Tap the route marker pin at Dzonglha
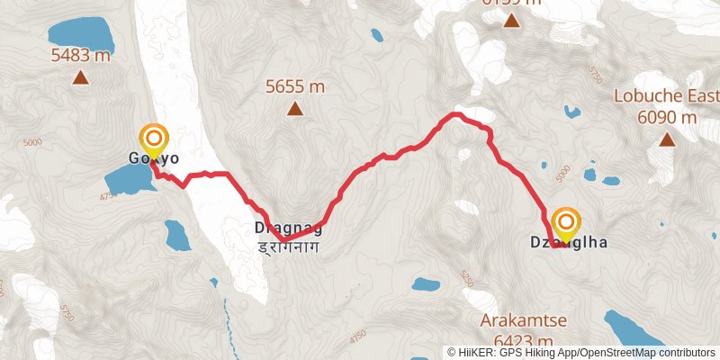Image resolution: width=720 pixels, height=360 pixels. pyautogui.click(x=566, y=222)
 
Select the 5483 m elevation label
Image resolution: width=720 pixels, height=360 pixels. pyautogui.click(x=81, y=56)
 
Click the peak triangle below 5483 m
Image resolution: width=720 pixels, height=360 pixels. pyautogui.click(x=81, y=77)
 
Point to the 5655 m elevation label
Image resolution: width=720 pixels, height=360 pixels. pyautogui.click(x=294, y=86)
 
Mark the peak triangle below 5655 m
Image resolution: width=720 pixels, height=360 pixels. pyautogui.click(x=294, y=109)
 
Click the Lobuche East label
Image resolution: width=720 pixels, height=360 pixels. pyautogui.click(x=666, y=97)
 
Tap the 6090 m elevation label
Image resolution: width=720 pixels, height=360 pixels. pyautogui.click(x=667, y=117)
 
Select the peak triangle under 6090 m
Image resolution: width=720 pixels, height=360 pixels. pyautogui.click(x=667, y=139)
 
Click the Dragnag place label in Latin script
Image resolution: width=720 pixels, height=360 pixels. pyautogui.click(x=288, y=228)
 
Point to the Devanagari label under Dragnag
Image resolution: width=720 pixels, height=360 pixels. pyautogui.click(x=288, y=245)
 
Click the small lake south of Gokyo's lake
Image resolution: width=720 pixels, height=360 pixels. pyautogui.click(x=176, y=236)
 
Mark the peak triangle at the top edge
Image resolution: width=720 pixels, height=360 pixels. pyautogui.click(x=511, y=18)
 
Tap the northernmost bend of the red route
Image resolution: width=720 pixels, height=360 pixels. pyautogui.click(x=457, y=114)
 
